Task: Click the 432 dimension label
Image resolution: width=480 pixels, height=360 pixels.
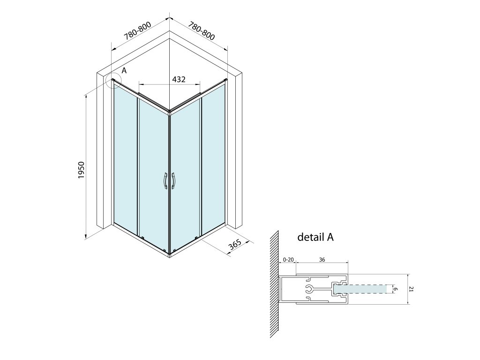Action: tap(179, 79)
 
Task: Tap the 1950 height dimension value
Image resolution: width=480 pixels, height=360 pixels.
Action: tap(81, 171)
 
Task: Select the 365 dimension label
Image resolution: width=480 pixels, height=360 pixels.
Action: tap(236, 246)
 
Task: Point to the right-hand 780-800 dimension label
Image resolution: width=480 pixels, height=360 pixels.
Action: tap(202, 30)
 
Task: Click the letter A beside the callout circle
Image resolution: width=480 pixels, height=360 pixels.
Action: tap(124, 70)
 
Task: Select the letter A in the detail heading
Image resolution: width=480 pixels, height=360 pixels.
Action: tap(330, 237)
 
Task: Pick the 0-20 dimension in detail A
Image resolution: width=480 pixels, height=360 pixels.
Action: tap(288, 260)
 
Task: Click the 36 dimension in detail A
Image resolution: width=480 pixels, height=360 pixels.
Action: tap(322, 260)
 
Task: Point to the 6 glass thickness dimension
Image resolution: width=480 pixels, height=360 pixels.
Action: tap(395, 290)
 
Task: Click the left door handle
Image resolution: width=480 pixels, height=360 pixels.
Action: tap(165, 181)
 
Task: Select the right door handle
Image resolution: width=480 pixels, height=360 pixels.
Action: tap(173, 181)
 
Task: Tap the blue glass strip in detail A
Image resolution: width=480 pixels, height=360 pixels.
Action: tap(368, 290)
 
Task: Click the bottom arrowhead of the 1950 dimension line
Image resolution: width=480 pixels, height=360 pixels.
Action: tap(86, 237)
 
